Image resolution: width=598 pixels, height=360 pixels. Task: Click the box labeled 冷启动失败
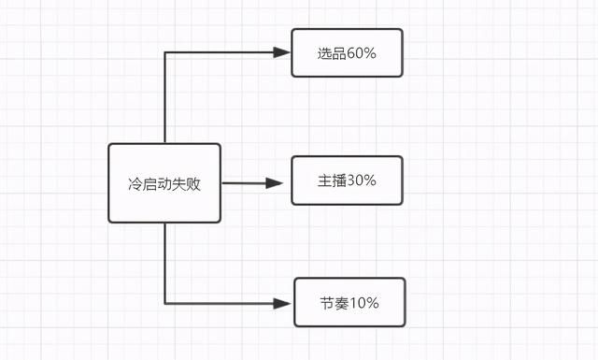(164, 182)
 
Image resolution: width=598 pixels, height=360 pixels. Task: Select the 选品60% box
(347, 52)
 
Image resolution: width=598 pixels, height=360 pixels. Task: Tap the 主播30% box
(347, 180)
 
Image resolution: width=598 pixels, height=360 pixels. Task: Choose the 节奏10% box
(349, 302)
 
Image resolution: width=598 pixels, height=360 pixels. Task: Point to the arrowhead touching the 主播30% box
(274, 183)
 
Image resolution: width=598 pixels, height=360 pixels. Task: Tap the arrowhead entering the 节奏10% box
(284, 303)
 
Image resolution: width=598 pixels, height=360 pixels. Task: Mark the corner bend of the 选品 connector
(165, 52)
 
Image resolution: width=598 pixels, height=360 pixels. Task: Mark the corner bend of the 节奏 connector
(165, 303)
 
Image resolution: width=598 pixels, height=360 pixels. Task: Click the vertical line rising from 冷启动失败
(165, 98)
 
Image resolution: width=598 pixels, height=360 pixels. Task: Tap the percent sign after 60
(370, 53)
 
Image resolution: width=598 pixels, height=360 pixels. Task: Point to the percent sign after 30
(370, 180)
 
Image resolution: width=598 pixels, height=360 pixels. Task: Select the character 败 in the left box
(193, 184)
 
